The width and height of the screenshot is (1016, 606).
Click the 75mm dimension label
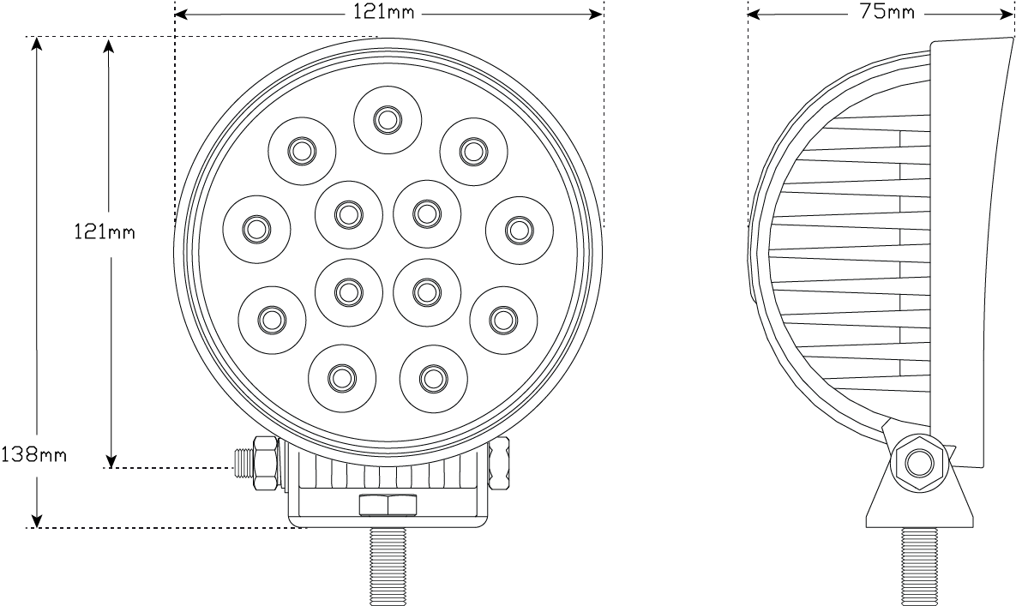click(x=887, y=12)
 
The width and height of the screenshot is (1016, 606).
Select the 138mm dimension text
click(x=33, y=453)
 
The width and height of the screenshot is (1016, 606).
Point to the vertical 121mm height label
click(x=103, y=231)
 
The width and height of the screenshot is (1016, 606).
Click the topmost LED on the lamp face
click(x=388, y=120)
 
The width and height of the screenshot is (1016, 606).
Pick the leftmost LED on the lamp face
click(x=256, y=229)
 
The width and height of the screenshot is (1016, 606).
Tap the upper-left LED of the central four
click(x=348, y=213)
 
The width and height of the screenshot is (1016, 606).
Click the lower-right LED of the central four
click(x=426, y=292)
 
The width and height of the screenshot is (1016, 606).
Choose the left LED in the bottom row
click(x=341, y=377)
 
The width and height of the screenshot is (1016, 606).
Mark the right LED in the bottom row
click(x=433, y=377)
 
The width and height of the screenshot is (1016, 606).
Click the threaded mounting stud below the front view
click(x=388, y=566)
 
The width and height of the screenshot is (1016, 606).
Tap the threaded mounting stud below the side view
click(x=919, y=565)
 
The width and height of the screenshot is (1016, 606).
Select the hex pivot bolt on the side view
click(x=918, y=464)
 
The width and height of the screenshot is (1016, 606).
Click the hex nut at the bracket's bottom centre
click(x=388, y=505)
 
